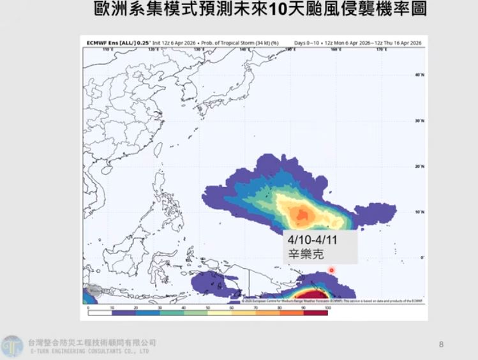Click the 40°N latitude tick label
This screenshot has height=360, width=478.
[419, 75]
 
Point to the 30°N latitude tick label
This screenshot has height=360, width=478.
[419, 121]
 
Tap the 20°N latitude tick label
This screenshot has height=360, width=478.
[419, 166]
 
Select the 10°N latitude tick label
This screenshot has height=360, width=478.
[419, 212]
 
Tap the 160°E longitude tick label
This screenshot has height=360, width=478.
[335, 49]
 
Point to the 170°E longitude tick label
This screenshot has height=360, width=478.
[380, 49]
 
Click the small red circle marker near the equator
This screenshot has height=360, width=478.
[331, 270]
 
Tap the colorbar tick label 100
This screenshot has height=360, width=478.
[328, 308]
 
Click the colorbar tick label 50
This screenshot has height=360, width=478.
[208, 308]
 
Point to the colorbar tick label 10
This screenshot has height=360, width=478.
[112, 308]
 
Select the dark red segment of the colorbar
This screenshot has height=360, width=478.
[316, 312]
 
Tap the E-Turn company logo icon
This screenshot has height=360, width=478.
[12, 347]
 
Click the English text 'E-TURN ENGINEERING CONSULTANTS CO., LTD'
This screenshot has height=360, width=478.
[89, 351]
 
